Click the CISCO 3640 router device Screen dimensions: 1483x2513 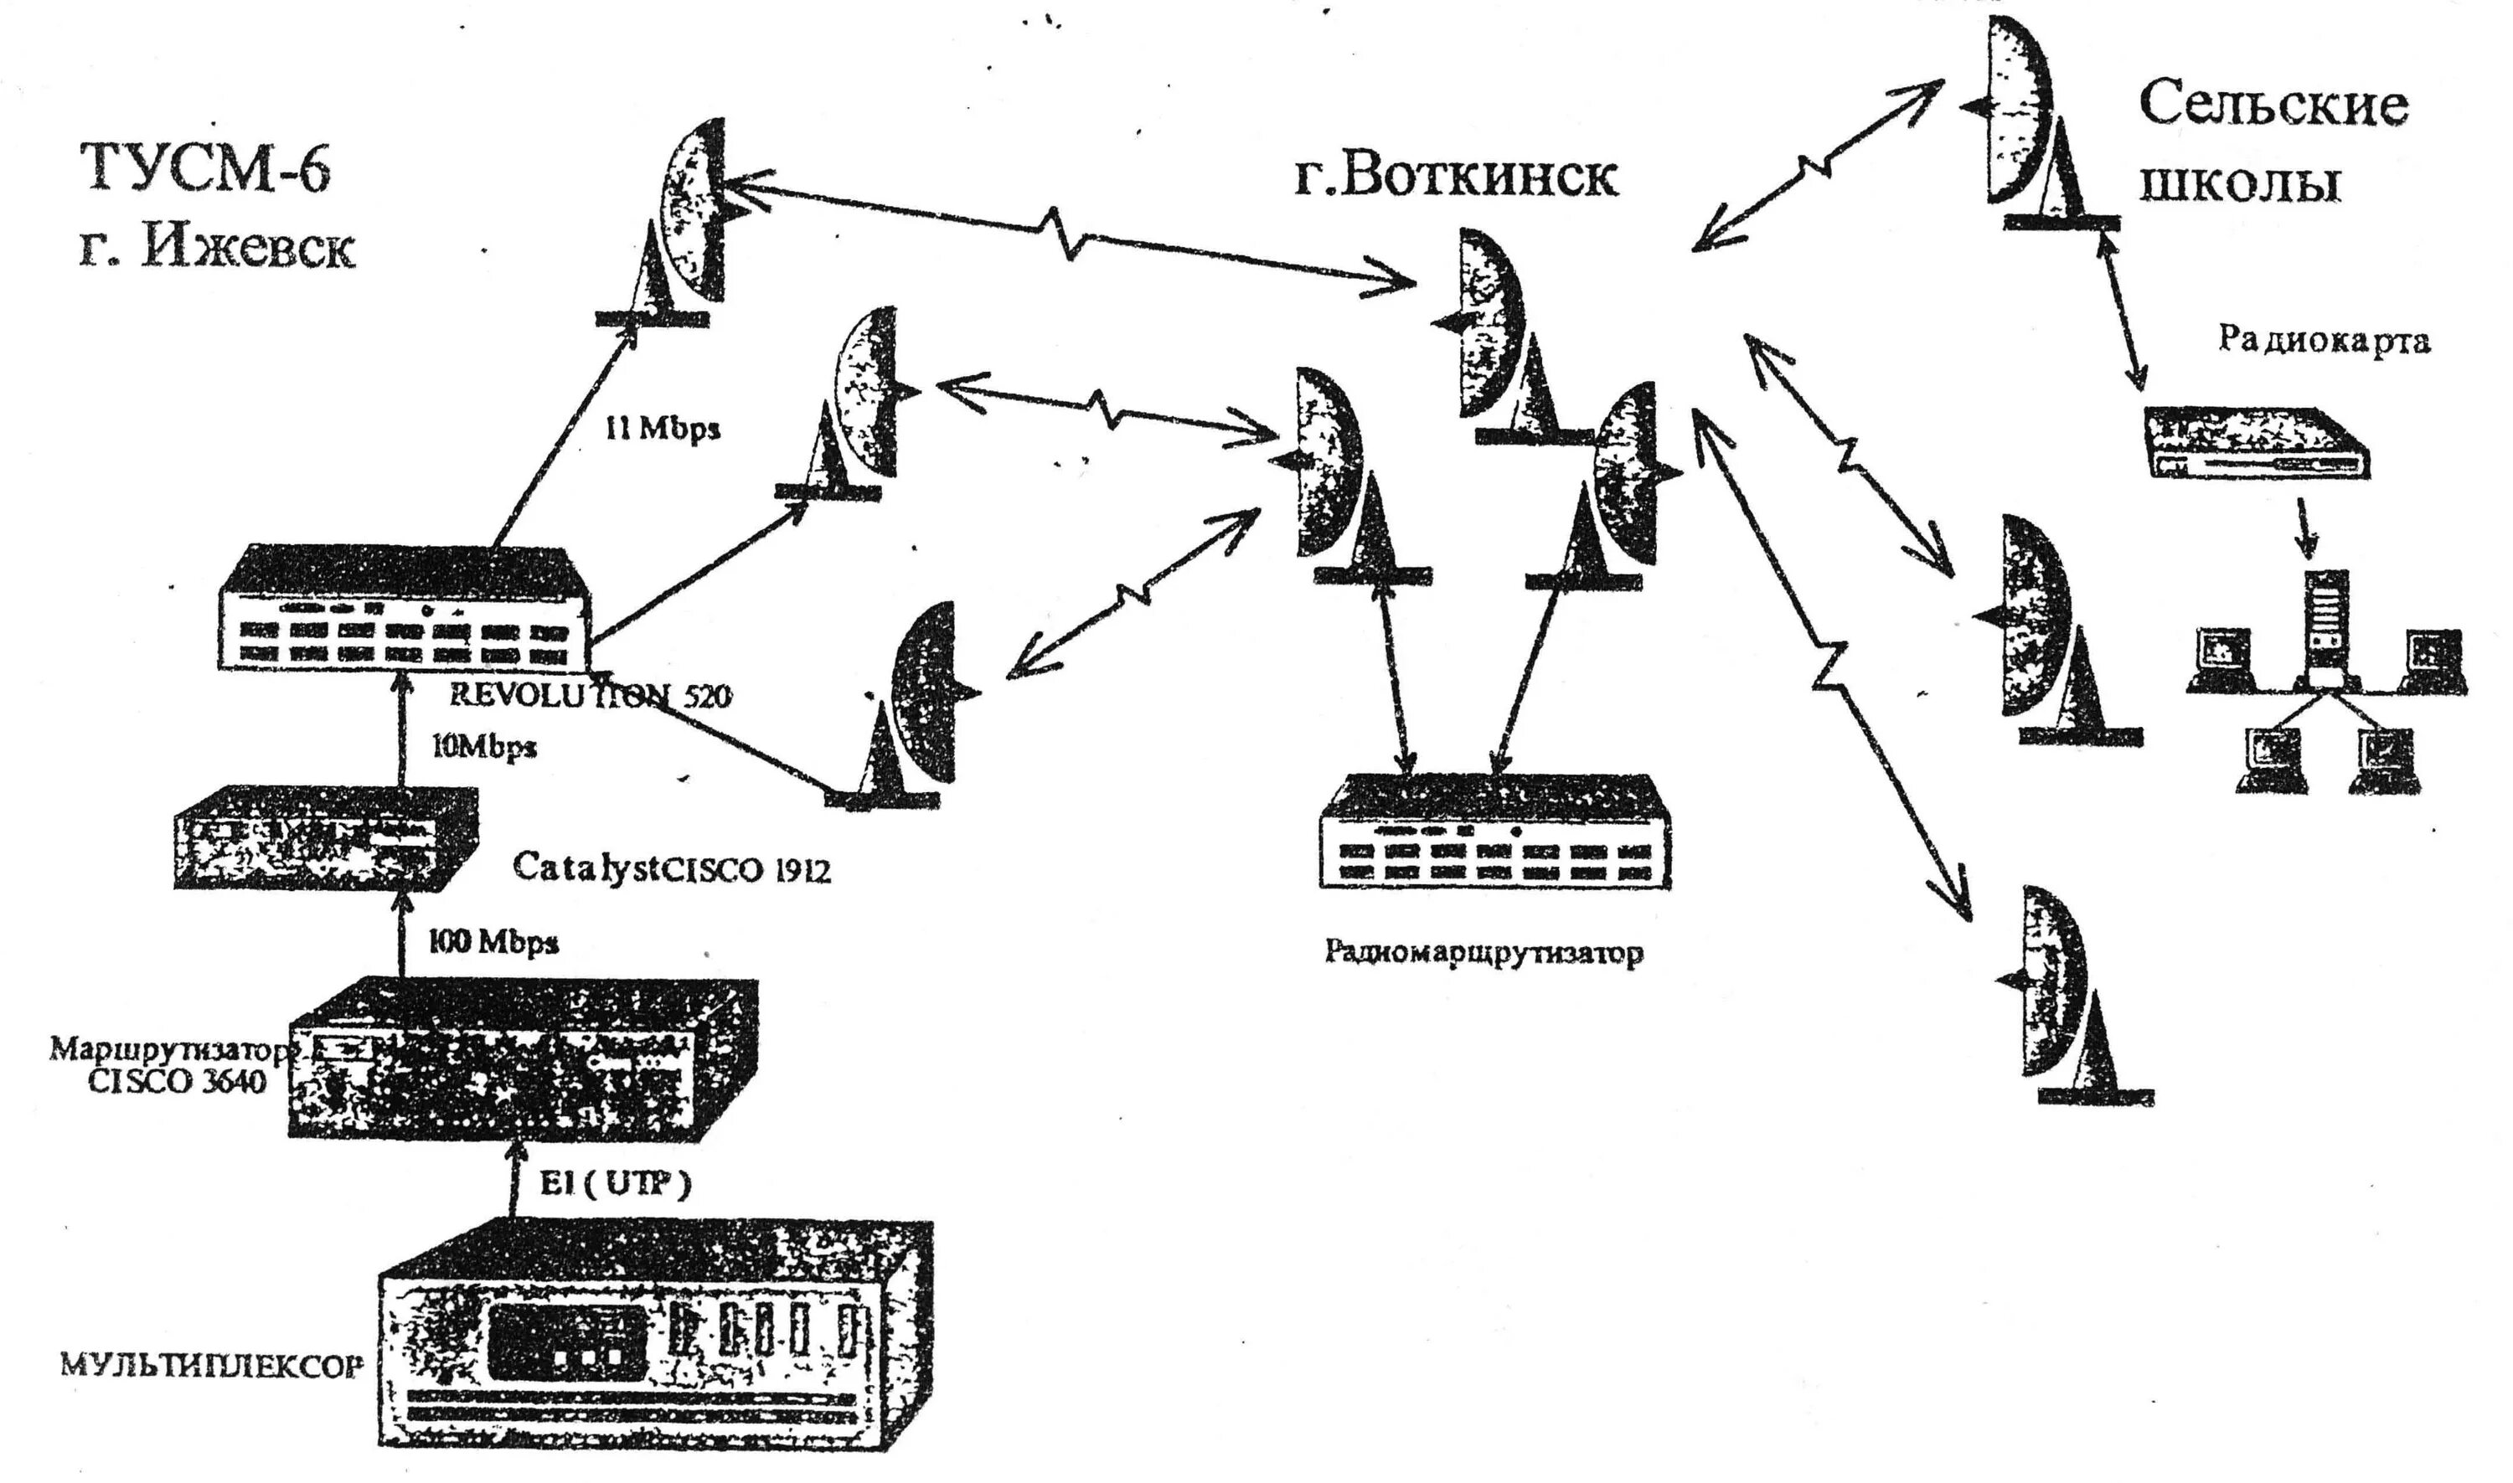tap(522, 1059)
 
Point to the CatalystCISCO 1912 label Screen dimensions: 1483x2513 tap(671, 868)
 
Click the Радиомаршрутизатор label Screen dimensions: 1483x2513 tap(1484, 952)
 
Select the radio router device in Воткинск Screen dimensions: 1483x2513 tap(1494, 831)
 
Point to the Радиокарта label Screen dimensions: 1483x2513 tap(2323, 341)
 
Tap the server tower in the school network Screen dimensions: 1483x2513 tap(2327, 626)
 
